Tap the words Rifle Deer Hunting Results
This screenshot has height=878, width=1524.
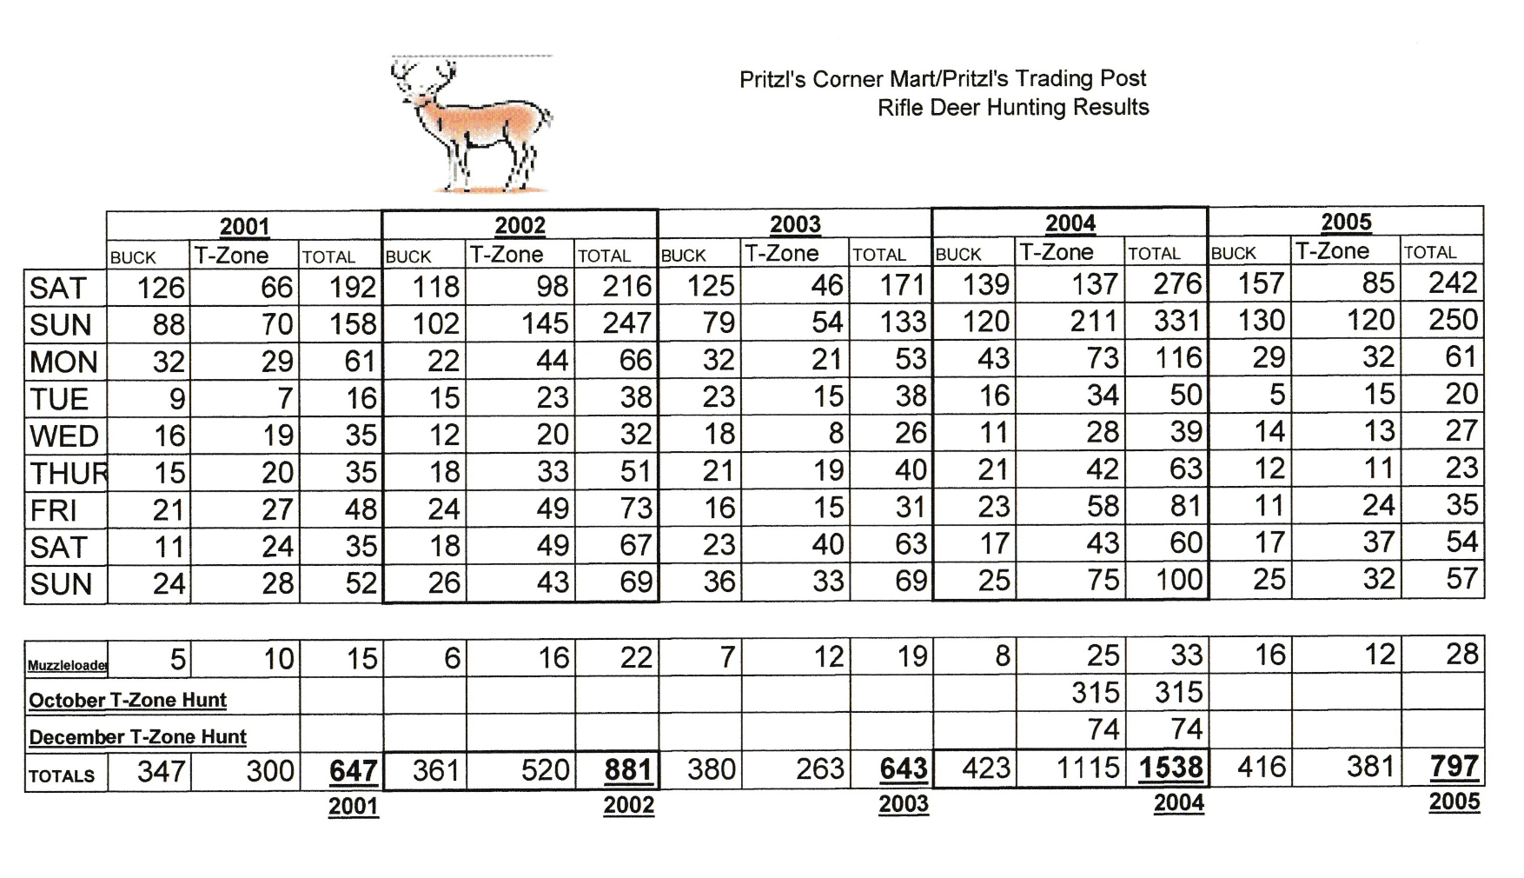[1013, 107]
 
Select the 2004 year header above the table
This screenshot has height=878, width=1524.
[1070, 223]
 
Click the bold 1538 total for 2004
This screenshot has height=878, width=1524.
[1170, 768]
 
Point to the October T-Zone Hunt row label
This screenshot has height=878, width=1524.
[128, 700]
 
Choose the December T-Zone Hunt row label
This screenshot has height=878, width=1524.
[137, 737]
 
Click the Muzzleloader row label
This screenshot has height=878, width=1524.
[67, 665]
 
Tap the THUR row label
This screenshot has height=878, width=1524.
[68, 473]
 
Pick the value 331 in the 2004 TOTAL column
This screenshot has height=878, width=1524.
[1177, 321]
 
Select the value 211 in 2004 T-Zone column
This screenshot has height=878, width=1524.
[1093, 321]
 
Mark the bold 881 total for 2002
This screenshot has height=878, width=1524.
[627, 770]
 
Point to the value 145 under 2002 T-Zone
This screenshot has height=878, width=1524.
[545, 323]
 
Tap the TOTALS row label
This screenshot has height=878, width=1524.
[62, 775]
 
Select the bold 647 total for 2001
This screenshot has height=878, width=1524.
[353, 771]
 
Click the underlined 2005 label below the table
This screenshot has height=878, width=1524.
[1454, 801]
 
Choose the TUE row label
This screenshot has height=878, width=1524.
[59, 399]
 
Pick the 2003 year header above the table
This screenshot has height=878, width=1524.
[795, 224]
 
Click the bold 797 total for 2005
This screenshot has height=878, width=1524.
[1454, 766]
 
